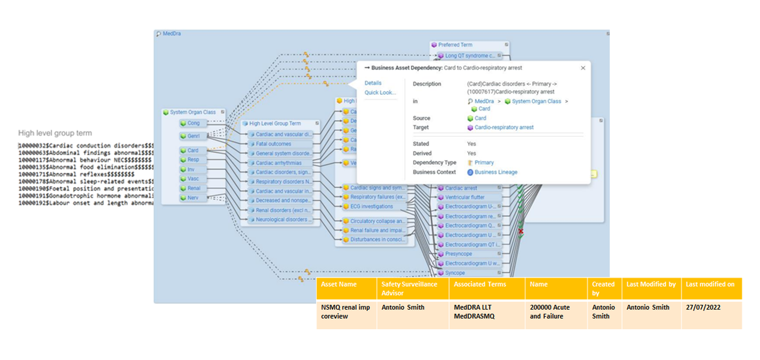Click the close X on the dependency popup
pyautogui.click(x=583, y=68)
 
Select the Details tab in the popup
pyautogui.click(x=373, y=83)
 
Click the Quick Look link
pyautogui.click(x=380, y=93)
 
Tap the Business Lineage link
pyautogui.click(x=496, y=172)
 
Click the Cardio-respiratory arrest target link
pyautogui.click(x=504, y=127)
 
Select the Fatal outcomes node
pyautogui.click(x=273, y=144)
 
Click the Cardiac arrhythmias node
pyautogui.click(x=279, y=163)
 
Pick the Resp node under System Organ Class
pyautogui.click(x=193, y=160)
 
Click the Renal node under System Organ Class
pyautogui.click(x=193, y=188)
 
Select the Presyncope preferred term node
pyautogui.click(x=458, y=254)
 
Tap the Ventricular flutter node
pyautogui.click(x=465, y=197)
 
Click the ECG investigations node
pyautogui.click(x=372, y=207)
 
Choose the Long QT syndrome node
pyautogui.click(x=470, y=56)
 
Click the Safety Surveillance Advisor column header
pyautogui.click(x=409, y=289)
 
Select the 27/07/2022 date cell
pyautogui.click(x=703, y=307)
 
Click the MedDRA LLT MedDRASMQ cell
pyautogui.click(x=474, y=311)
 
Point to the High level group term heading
pyautogui.click(x=55, y=133)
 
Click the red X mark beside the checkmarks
pyautogui.click(x=521, y=231)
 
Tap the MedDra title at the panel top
pyautogui.click(x=171, y=33)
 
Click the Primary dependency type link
pyautogui.click(x=484, y=163)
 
